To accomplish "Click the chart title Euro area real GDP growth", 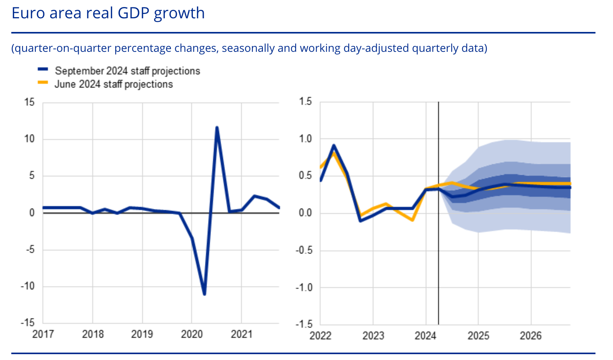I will [108, 13].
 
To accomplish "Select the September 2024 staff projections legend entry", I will [127, 71].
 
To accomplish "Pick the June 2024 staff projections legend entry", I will [113, 84].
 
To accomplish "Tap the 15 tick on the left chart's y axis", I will [29, 102].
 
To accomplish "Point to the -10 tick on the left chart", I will [27, 286].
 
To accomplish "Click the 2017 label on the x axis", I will [43, 334].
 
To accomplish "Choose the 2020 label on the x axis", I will [192, 334].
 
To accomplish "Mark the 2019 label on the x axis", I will [142, 334].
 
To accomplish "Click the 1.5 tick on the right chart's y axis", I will [305, 102].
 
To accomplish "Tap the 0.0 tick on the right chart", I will [305, 213].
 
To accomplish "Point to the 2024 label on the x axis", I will [425, 336].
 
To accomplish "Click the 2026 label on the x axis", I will [530, 336].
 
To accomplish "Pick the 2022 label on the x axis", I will [320, 336].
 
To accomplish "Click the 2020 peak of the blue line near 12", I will [217, 127].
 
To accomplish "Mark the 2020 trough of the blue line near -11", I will [204, 294].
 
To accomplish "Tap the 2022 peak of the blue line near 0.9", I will [334, 146].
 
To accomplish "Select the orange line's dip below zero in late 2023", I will [412, 220].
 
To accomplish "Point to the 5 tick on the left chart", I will [32, 176].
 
